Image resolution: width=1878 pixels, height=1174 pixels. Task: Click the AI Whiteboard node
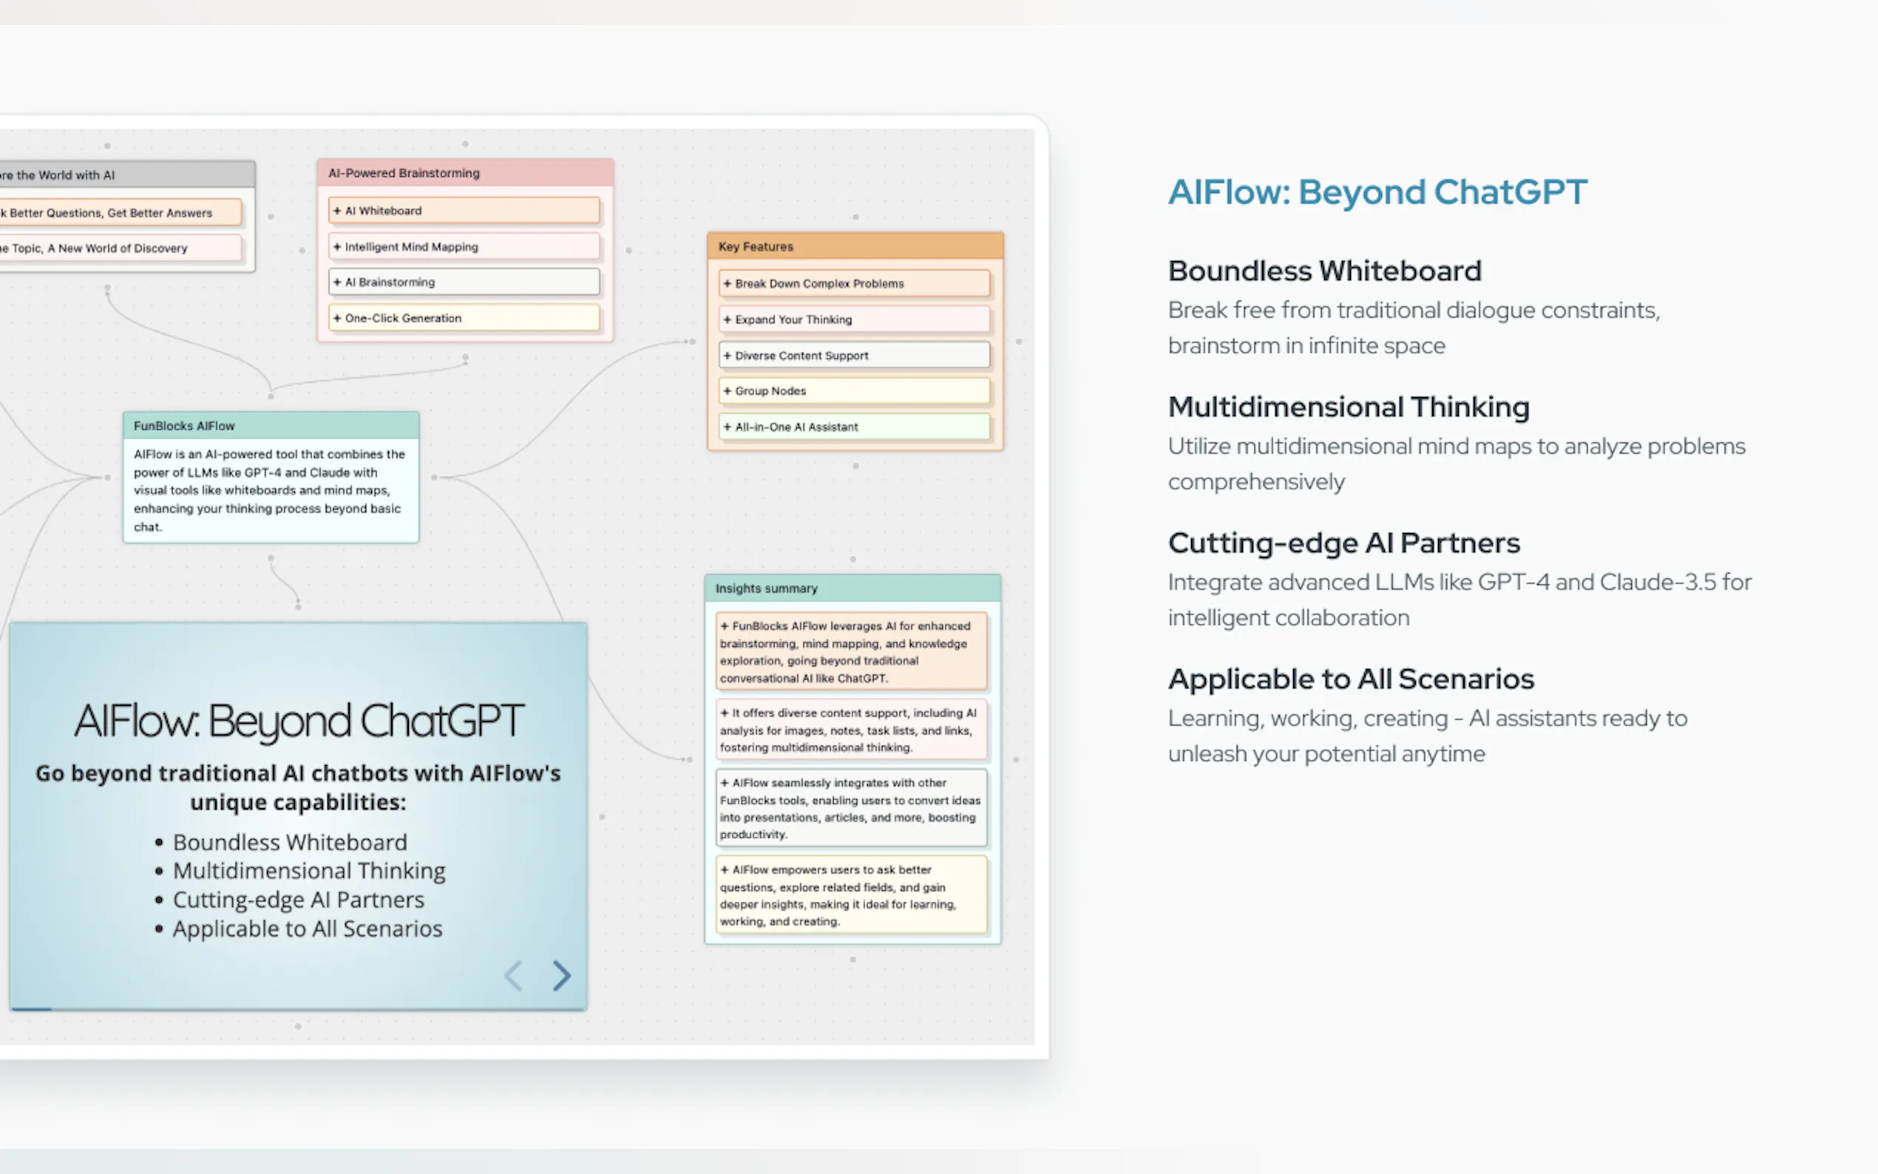click(464, 211)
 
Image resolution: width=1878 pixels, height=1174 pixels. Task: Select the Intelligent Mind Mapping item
click(464, 247)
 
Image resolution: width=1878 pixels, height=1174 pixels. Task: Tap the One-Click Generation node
click(464, 319)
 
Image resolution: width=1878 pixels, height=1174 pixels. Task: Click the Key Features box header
click(855, 246)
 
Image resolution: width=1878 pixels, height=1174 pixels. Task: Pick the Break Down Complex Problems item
click(854, 283)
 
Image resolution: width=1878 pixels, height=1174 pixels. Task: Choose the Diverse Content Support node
click(854, 356)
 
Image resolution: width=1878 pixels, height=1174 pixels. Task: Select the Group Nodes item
click(854, 390)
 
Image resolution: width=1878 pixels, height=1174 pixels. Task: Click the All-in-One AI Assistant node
click(854, 427)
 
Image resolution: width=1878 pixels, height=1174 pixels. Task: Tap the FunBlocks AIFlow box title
click(270, 426)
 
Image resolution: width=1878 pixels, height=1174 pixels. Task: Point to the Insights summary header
click(852, 588)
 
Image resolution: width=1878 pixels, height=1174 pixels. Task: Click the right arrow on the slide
click(561, 975)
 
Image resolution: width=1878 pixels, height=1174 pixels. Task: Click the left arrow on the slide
click(513, 975)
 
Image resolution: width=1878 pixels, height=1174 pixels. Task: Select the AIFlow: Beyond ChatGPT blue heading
click(1377, 191)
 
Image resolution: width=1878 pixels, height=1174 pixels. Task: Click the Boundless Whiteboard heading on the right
click(1324, 271)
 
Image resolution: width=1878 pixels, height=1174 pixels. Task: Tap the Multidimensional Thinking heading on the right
click(1349, 407)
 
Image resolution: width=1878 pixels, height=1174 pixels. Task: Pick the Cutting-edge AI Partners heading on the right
click(1344, 543)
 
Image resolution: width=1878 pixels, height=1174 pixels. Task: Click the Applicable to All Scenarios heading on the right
click(1351, 679)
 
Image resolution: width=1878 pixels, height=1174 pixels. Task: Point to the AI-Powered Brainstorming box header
click(464, 173)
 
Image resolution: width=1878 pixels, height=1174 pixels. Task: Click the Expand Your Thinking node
click(854, 319)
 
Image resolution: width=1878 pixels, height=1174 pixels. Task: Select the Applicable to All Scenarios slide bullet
click(307, 929)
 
